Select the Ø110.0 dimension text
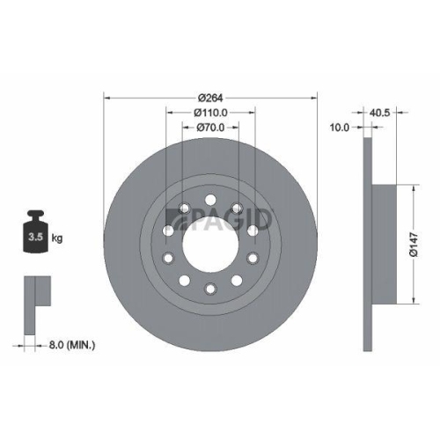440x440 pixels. point(210,112)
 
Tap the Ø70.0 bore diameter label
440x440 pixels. point(210,128)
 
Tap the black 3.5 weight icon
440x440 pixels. point(34,231)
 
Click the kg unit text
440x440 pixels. point(57,238)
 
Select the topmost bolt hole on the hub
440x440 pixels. point(209,202)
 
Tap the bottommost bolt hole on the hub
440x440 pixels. point(209,288)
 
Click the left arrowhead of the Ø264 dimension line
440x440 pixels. point(107,97)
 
